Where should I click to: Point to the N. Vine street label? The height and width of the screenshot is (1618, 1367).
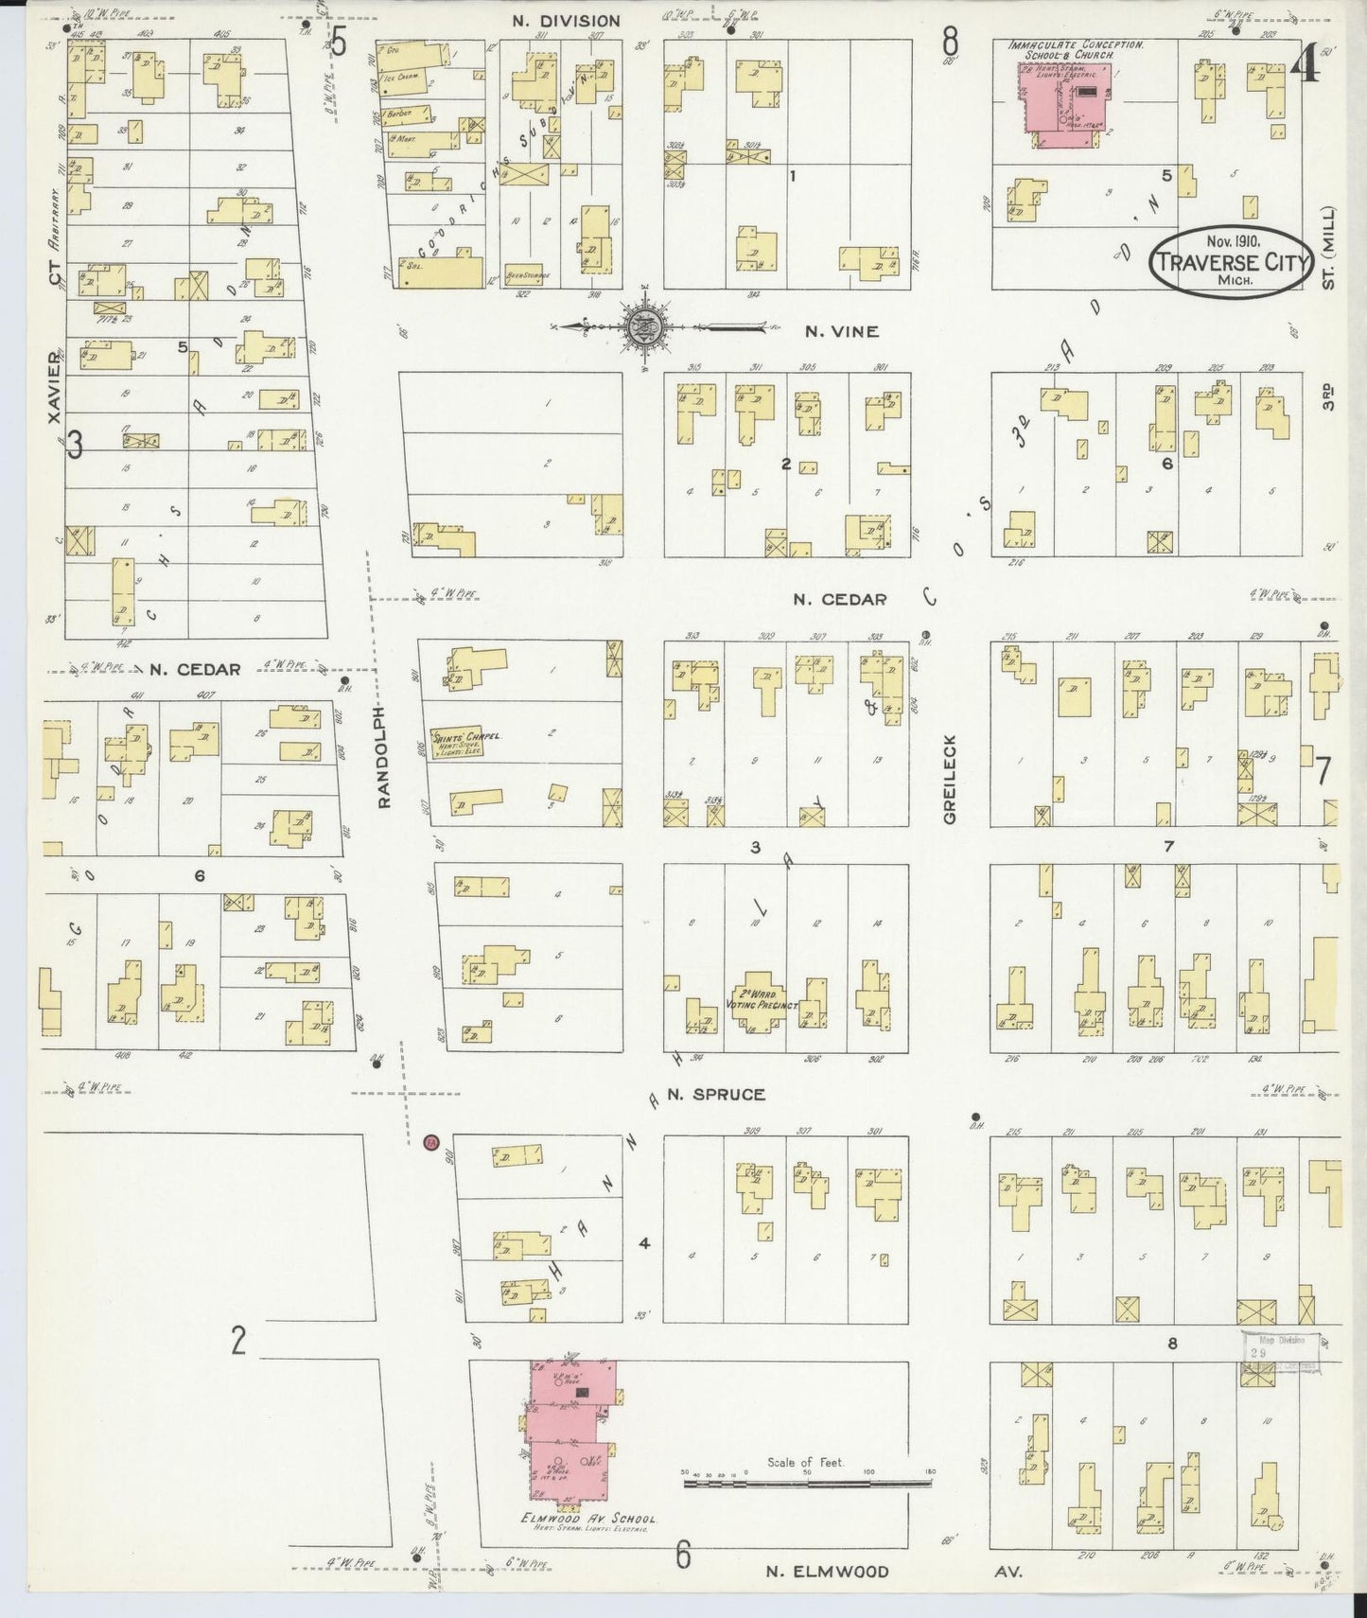click(x=841, y=331)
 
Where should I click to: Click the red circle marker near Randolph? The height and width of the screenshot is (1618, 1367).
click(x=431, y=1142)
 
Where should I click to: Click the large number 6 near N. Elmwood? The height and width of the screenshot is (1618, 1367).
click(x=683, y=1555)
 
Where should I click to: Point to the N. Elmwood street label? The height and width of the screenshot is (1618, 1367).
click(x=828, y=1572)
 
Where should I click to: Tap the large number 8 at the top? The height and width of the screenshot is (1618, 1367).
click(x=949, y=43)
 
